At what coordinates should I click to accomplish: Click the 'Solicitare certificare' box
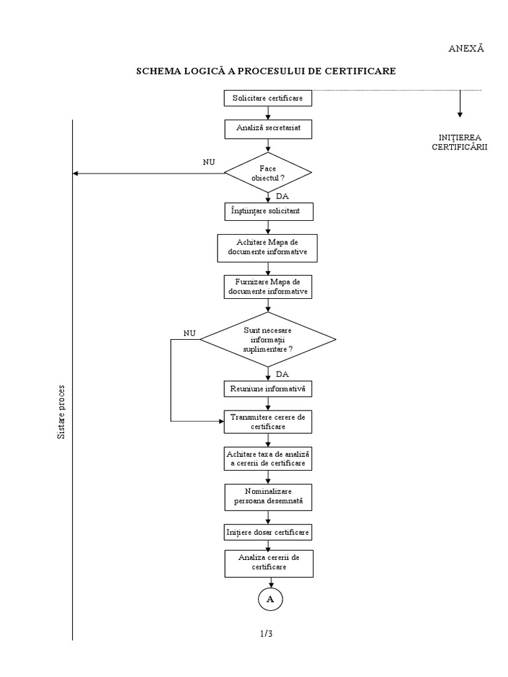[268, 99]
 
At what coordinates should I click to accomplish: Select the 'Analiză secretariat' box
[268, 128]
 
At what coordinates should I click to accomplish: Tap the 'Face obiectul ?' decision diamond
[268, 174]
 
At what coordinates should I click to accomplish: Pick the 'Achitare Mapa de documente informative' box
[268, 248]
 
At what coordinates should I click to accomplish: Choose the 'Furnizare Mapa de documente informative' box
[268, 286]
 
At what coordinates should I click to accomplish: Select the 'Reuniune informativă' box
[268, 389]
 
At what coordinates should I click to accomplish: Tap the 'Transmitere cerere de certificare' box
[268, 422]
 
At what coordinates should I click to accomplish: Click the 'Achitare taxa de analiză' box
[268, 459]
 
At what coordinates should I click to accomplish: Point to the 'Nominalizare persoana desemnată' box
[268, 497]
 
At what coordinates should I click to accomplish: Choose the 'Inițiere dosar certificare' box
[268, 532]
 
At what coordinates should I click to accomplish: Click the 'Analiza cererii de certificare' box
[268, 563]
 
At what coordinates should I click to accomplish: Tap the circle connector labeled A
[270, 598]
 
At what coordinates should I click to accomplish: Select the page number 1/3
[267, 633]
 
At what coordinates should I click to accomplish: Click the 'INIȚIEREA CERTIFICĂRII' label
[455, 142]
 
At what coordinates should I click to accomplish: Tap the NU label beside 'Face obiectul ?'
[209, 161]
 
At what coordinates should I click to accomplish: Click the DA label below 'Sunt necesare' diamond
[282, 374]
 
